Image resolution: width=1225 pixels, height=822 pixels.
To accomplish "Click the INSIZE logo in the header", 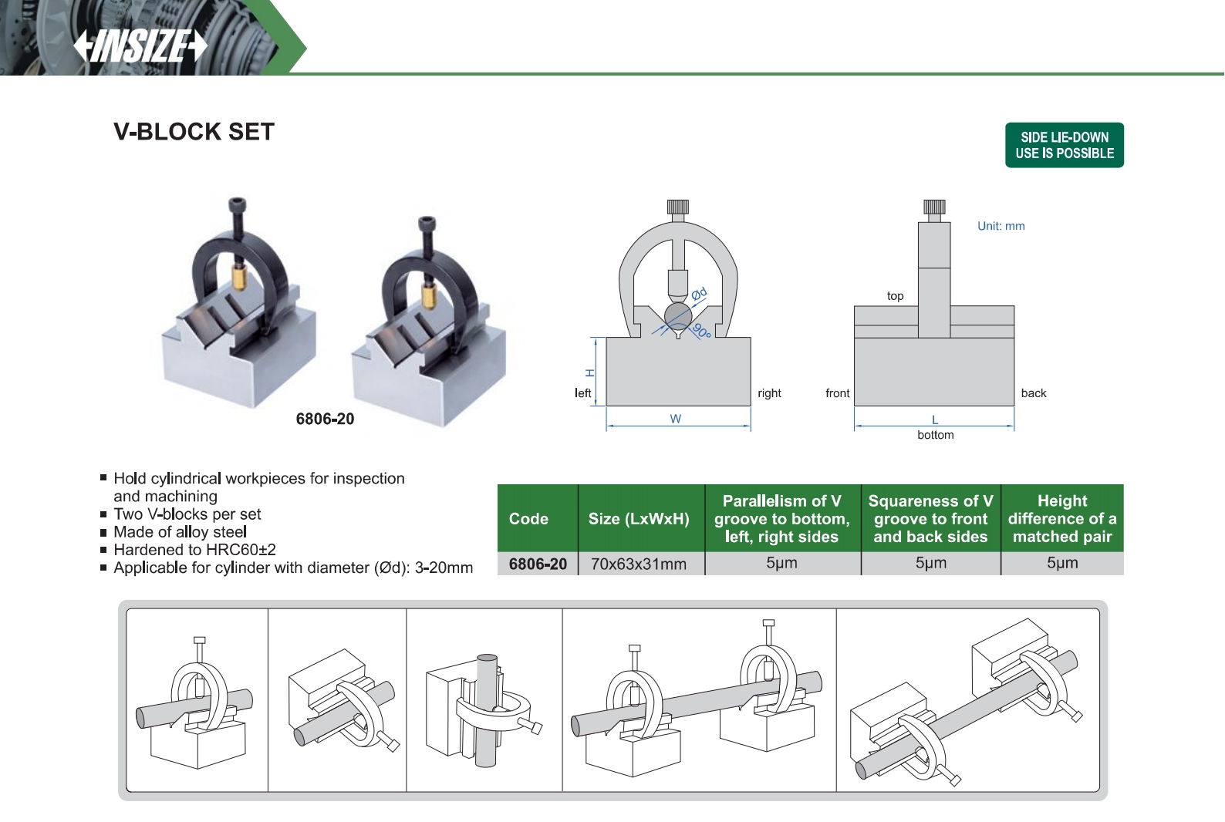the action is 140,46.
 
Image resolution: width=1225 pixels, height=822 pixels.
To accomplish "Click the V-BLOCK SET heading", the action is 194,132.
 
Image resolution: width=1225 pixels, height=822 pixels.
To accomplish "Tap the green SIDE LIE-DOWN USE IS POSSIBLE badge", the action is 1065,145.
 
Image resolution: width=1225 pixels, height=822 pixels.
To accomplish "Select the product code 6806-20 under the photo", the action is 325,419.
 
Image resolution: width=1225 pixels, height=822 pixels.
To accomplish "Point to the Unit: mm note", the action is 1001,226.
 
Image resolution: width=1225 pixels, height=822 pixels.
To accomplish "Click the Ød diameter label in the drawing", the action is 699,294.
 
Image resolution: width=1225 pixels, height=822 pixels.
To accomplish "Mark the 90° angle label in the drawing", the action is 702,331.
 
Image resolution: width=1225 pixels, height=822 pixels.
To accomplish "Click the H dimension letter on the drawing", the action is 589,372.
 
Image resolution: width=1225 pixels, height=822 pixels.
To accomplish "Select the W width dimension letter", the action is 676,419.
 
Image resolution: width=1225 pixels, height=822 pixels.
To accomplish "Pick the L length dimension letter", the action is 935,419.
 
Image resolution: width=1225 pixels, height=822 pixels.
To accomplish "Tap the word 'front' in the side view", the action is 837,393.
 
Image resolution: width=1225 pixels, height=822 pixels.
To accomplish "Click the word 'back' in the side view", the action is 1034,393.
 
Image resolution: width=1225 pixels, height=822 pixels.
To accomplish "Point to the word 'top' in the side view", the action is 896,295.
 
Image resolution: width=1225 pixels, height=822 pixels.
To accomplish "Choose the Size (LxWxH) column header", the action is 639,519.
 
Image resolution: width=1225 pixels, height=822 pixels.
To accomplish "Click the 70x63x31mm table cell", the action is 639,564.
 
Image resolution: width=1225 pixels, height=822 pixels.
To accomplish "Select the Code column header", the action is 528,519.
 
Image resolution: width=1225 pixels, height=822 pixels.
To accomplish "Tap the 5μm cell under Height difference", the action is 1062,563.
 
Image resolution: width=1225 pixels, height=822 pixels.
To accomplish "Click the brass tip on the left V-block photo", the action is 238,277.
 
